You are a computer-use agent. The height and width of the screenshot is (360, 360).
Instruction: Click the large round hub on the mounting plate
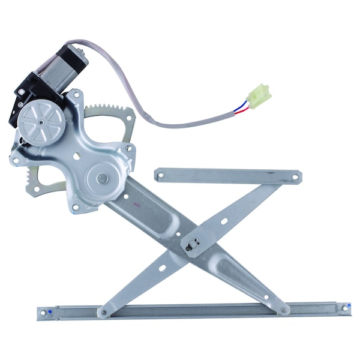[x=102, y=178]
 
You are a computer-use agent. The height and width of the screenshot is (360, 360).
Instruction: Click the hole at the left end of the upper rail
[x=160, y=175]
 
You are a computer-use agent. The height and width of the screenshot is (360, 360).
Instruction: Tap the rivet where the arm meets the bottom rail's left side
[x=103, y=312]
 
